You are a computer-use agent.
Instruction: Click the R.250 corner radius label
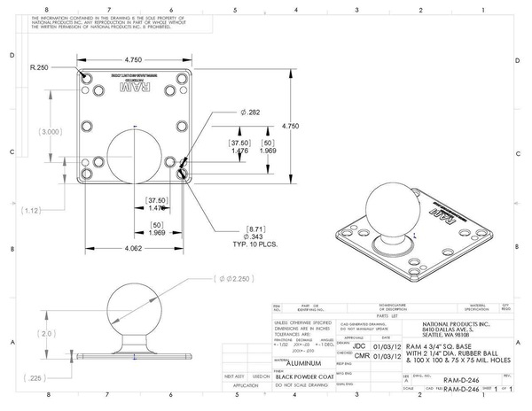(x=38, y=67)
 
